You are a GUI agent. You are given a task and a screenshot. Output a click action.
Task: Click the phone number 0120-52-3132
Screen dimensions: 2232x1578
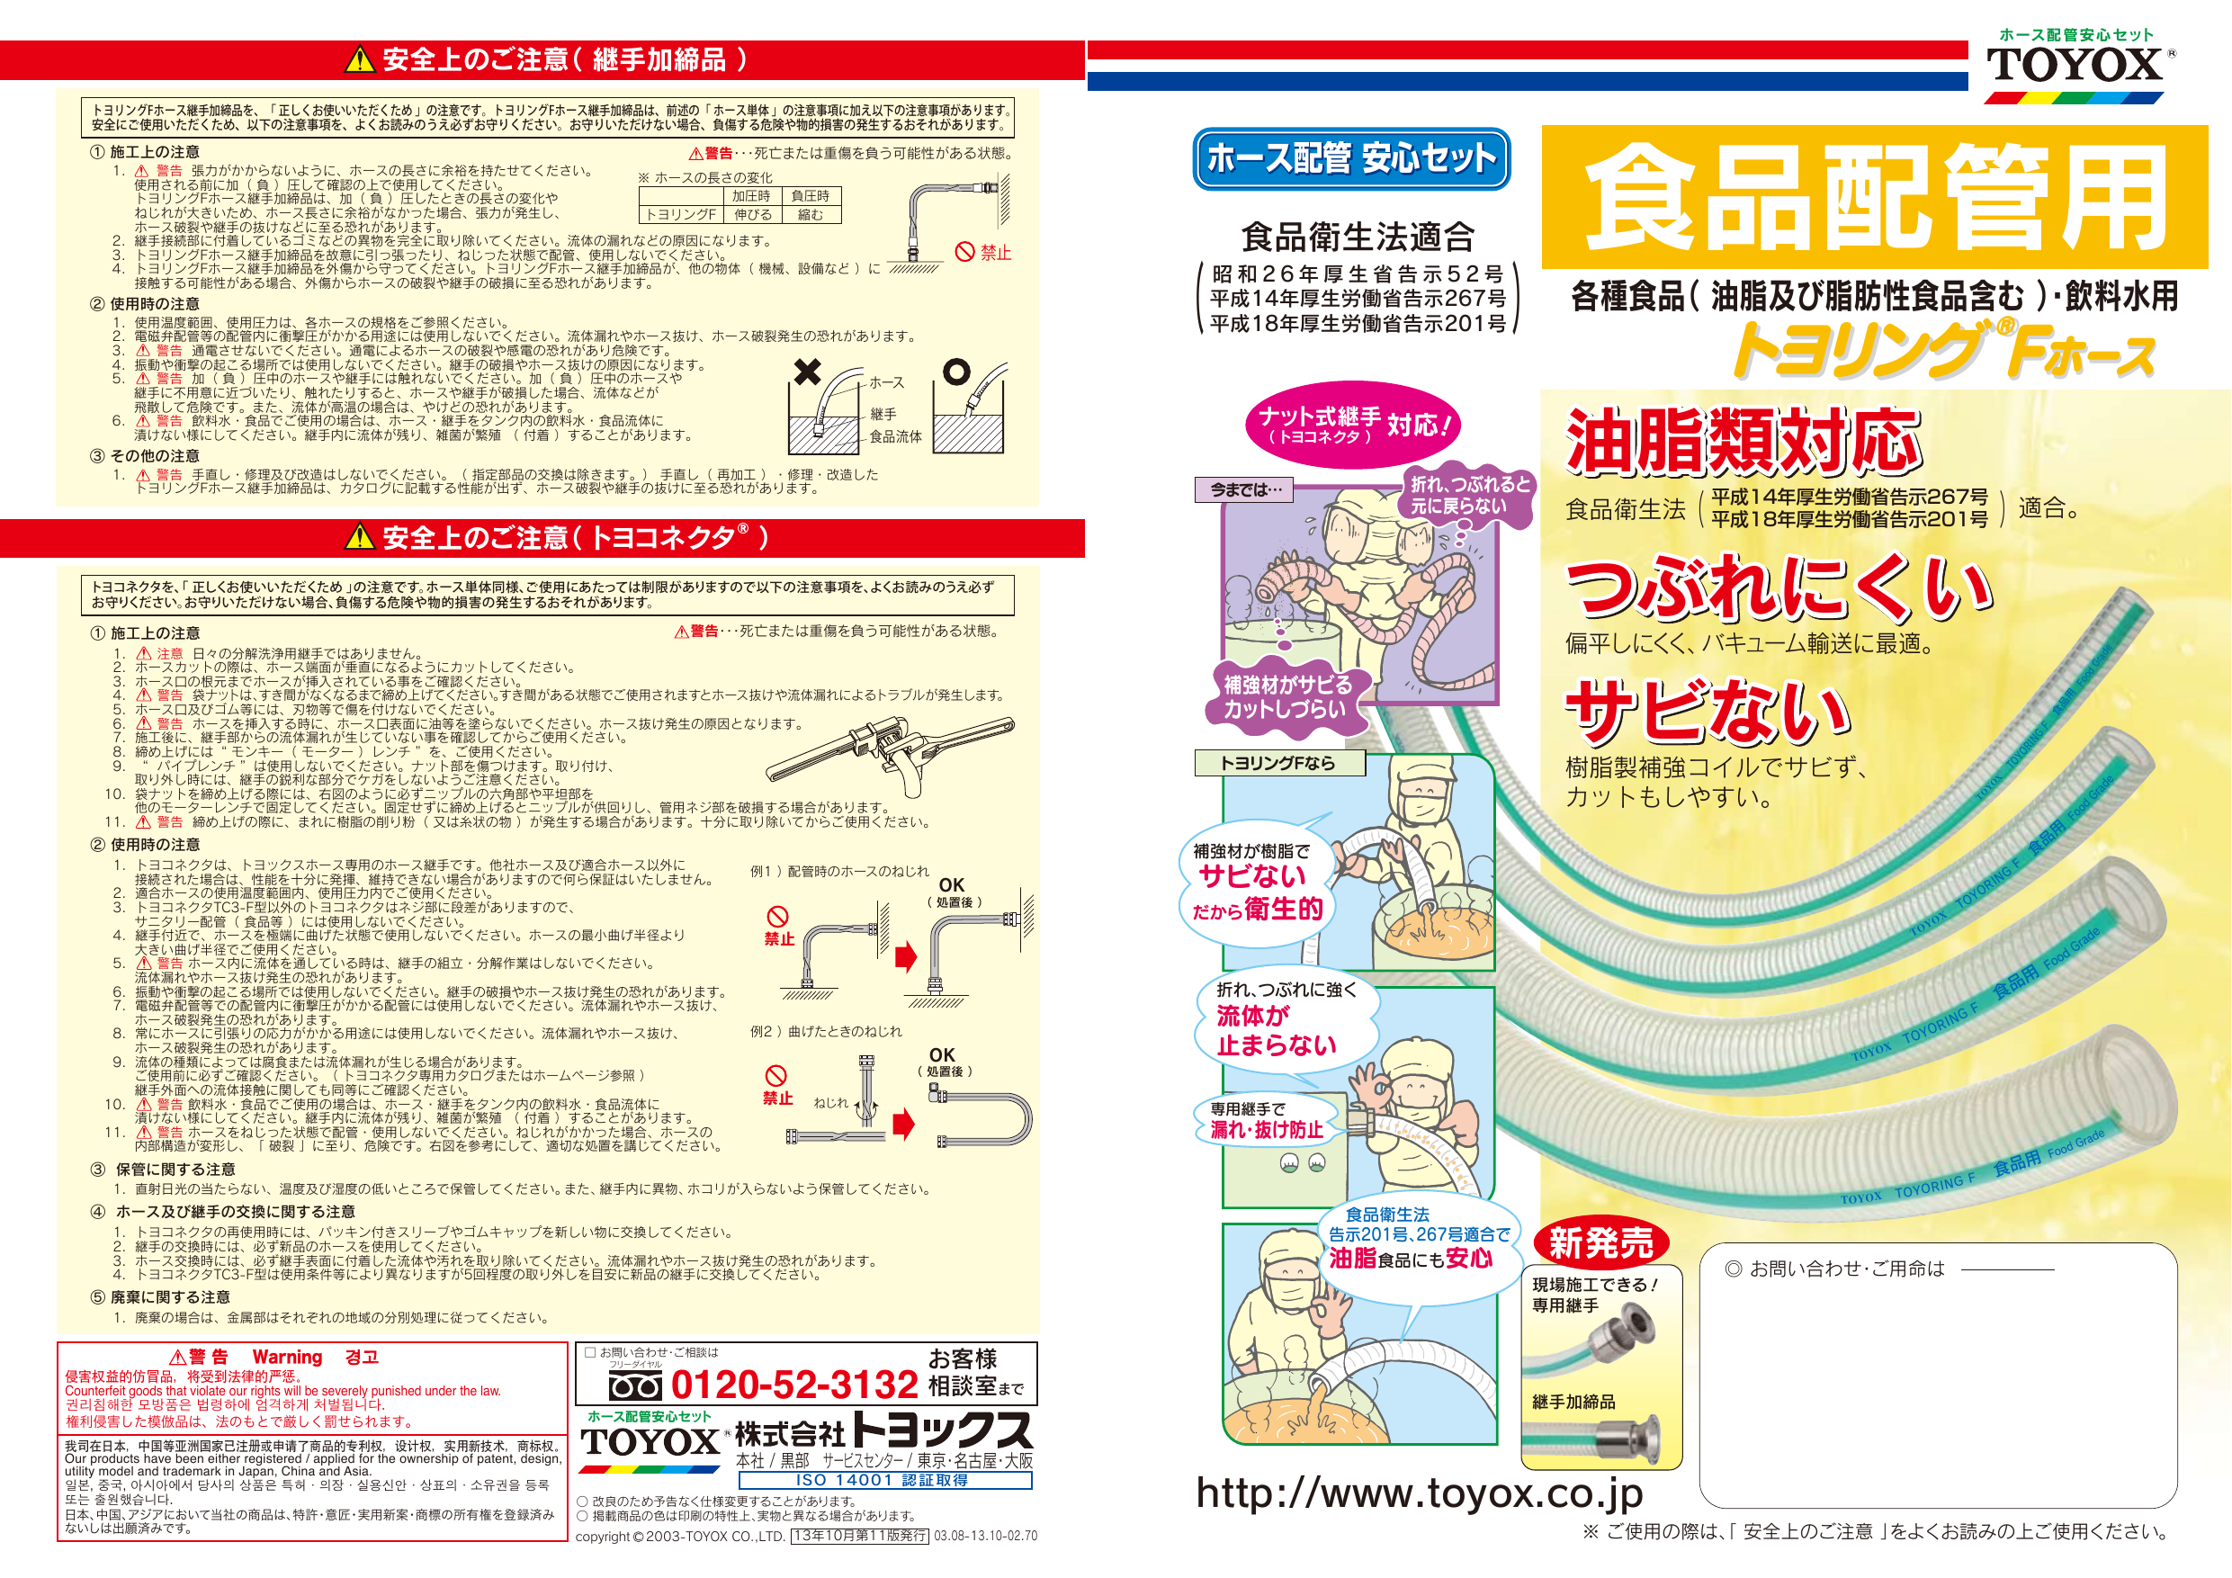coord(794,1385)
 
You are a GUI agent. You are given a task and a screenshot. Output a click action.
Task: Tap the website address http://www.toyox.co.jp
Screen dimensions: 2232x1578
coord(1420,1493)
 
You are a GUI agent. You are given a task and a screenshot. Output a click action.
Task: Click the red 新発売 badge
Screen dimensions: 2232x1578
coord(1601,1242)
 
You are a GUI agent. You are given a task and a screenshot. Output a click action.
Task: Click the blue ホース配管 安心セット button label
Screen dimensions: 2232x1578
coord(1351,158)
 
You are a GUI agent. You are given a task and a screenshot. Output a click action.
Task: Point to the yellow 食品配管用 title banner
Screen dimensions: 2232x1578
coord(1874,196)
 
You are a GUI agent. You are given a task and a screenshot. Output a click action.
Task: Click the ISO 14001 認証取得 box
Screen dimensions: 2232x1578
coord(884,1480)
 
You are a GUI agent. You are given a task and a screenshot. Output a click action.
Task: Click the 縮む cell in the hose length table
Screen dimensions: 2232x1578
coord(811,215)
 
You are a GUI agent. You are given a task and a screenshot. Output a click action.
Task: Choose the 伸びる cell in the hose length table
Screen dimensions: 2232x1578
coord(752,215)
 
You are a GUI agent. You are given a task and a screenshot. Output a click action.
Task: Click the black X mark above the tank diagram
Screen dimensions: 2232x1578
coord(807,372)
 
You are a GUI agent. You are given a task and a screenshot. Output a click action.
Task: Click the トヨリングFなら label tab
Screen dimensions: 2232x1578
coord(1279,763)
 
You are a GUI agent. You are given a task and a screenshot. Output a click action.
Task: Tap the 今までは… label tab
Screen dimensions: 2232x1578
coord(1244,490)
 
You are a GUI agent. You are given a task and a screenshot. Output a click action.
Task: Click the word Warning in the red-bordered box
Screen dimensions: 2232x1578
coord(287,1357)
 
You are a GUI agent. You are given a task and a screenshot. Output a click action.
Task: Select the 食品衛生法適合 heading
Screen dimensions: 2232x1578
coord(1358,238)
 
